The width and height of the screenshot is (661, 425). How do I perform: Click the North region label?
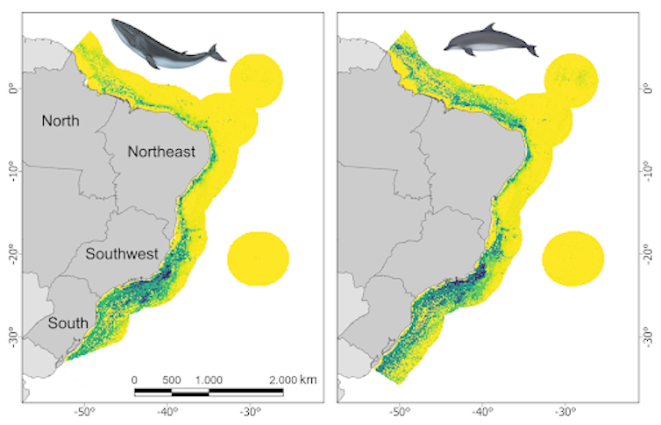60,121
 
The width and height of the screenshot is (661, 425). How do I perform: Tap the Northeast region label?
161,151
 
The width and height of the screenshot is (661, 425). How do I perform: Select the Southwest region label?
121,254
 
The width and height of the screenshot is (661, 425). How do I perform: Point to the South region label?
68,323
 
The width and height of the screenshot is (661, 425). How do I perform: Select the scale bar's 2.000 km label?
293,379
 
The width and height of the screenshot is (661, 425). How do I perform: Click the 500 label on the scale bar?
172,379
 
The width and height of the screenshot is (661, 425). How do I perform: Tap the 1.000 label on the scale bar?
209,379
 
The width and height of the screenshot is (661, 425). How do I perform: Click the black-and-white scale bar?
209,391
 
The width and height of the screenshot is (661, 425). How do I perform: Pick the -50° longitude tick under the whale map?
84,410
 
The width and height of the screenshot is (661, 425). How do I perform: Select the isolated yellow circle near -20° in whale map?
258,259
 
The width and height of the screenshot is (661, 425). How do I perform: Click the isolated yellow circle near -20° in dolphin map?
573,259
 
